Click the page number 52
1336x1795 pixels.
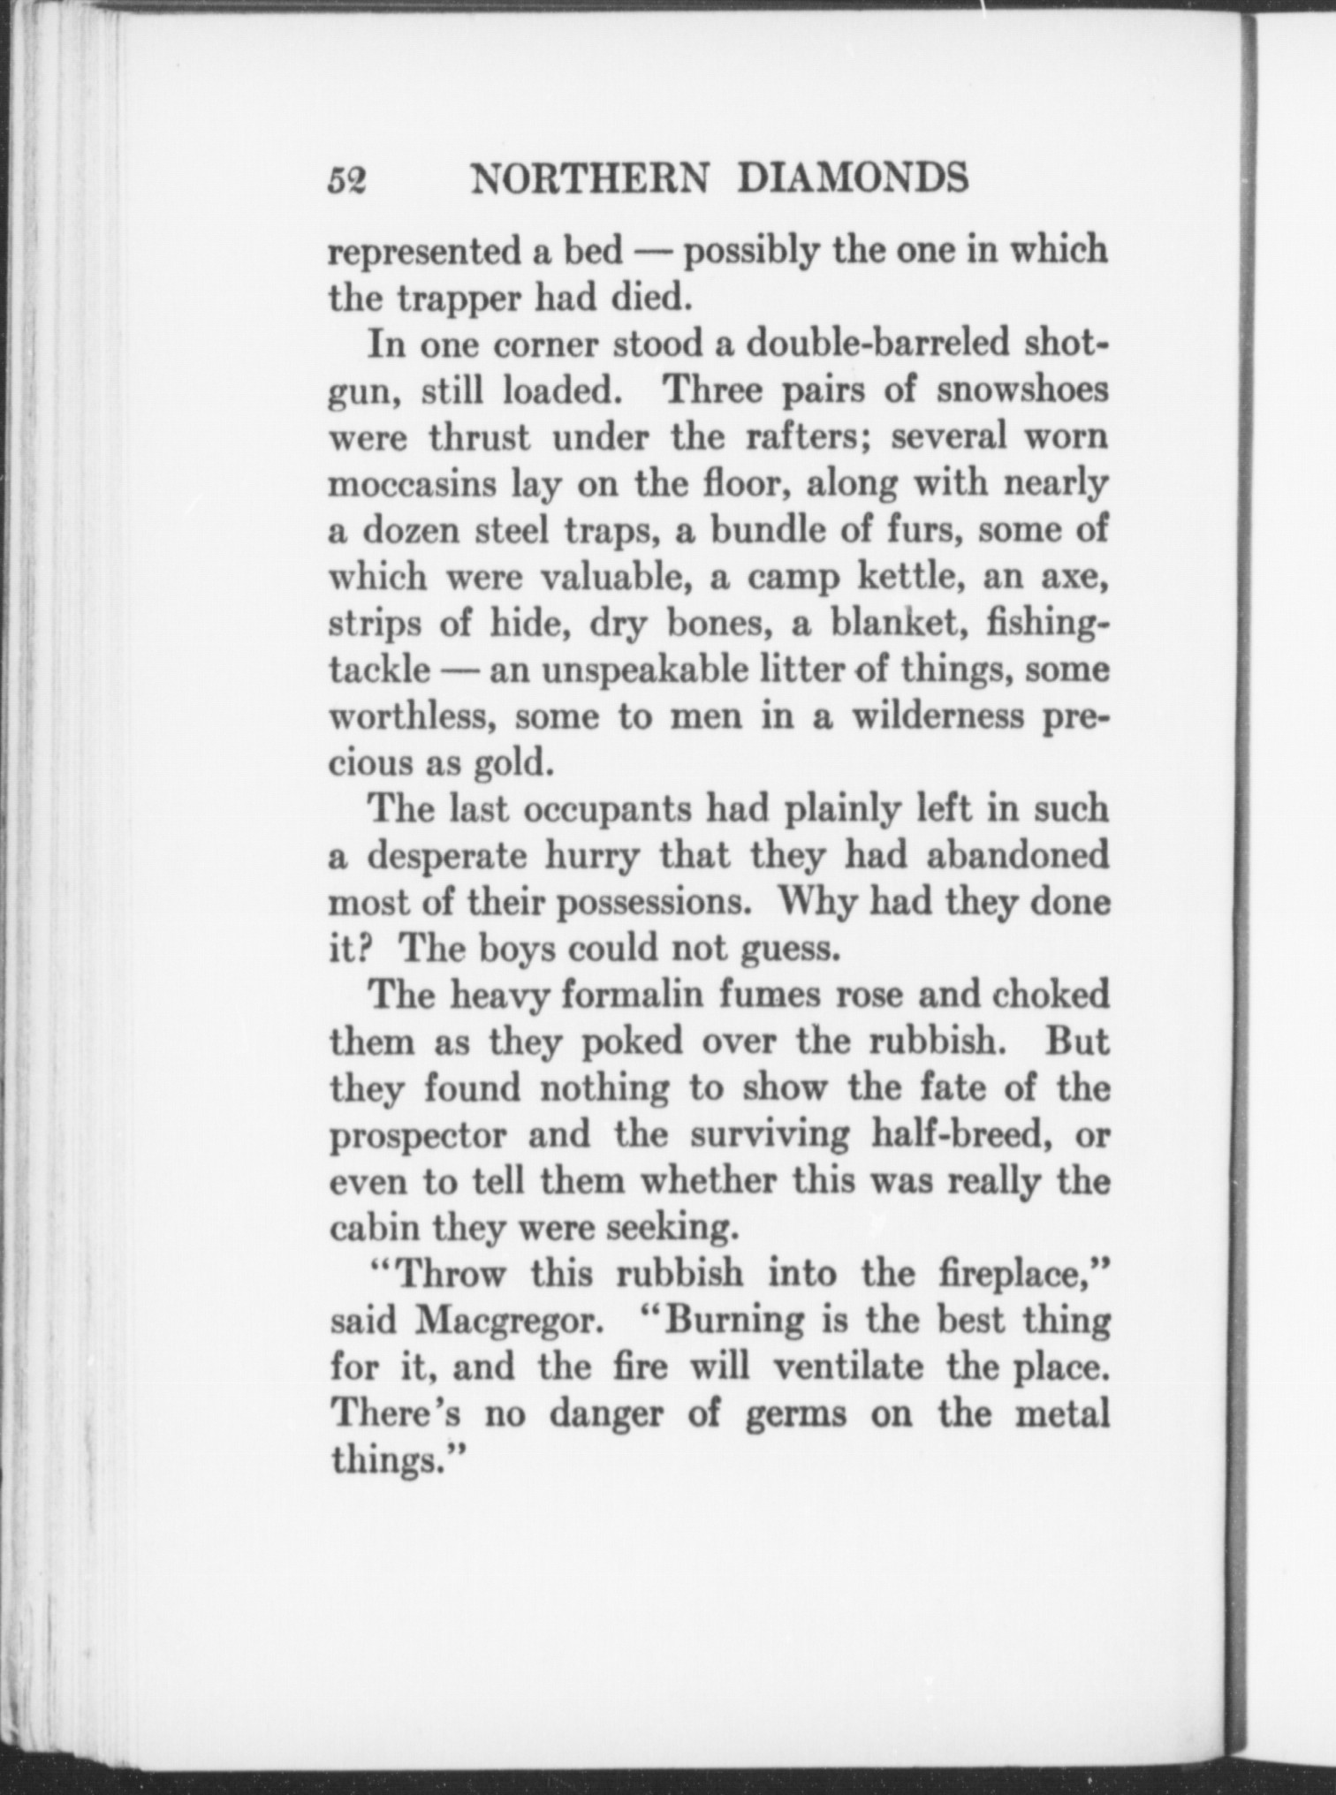pyautogui.click(x=347, y=180)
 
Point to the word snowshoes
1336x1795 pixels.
pyautogui.click(x=1021, y=390)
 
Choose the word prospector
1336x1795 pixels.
pyautogui.click(x=418, y=1136)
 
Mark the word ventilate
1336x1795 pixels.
pyautogui.click(x=847, y=1367)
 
